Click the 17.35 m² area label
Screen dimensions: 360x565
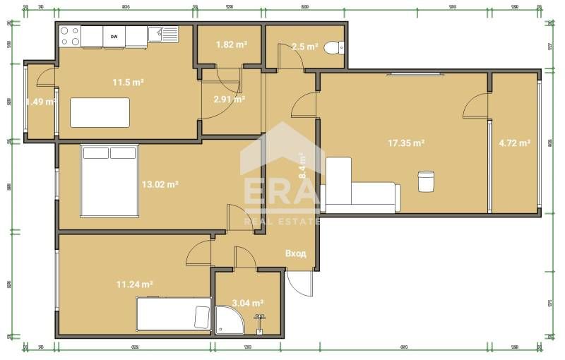pyautogui.click(x=405, y=143)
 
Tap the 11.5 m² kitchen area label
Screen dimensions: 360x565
pyautogui.click(x=129, y=83)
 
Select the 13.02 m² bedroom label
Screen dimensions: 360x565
pyautogui.click(x=160, y=184)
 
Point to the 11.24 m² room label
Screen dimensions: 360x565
pyautogui.click(x=135, y=284)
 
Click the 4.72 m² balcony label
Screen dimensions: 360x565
pyautogui.click(x=514, y=143)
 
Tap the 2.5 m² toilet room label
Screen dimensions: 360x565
pyautogui.click(x=305, y=47)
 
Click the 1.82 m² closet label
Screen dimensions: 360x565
pyautogui.click(x=231, y=44)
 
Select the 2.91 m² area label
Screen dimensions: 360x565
pyautogui.click(x=229, y=100)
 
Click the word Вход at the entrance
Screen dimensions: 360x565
pyautogui.click(x=295, y=253)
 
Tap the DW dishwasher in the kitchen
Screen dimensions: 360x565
pyautogui.click(x=114, y=35)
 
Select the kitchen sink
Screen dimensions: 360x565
pyautogui.click(x=167, y=33)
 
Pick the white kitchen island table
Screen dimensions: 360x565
pyautogui.click(x=100, y=112)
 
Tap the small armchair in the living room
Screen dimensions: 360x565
pyautogui.click(x=425, y=181)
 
